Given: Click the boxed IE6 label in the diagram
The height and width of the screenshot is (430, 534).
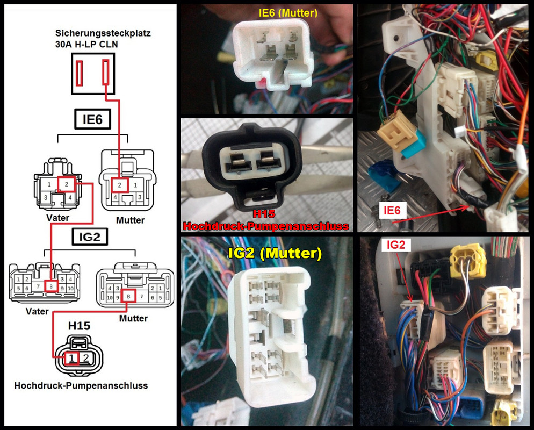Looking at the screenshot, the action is pyautogui.click(x=92, y=119).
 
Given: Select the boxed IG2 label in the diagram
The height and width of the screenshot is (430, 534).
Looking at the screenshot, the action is pyautogui.click(x=90, y=237).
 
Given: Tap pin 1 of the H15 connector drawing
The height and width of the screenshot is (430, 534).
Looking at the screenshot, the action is pyautogui.click(x=71, y=358).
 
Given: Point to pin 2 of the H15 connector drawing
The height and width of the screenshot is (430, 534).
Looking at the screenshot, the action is pyautogui.click(x=86, y=358).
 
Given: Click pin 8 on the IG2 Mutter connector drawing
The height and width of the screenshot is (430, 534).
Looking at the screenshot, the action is pyautogui.click(x=128, y=296).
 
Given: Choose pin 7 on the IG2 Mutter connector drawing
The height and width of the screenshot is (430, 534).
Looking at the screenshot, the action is pyautogui.click(x=142, y=297).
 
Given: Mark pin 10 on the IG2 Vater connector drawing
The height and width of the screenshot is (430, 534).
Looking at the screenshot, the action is pyautogui.click(x=70, y=288).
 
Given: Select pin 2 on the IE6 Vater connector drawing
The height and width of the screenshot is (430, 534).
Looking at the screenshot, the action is pyautogui.click(x=67, y=184).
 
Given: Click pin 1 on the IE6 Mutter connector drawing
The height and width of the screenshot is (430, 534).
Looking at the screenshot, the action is pyautogui.click(x=135, y=185).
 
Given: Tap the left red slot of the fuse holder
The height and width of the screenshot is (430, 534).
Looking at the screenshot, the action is pyautogui.click(x=80, y=73).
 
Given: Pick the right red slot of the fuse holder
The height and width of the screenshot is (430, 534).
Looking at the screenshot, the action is pyautogui.click(x=106, y=73).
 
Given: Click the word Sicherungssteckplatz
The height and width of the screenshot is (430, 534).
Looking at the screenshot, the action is pyautogui.click(x=103, y=33).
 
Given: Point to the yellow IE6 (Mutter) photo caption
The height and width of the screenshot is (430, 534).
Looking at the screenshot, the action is pyautogui.click(x=288, y=13).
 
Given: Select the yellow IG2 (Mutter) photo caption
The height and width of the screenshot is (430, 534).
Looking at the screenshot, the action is pyautogui.click(x=275, y=253).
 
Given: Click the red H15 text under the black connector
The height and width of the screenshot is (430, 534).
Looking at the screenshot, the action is pyautogui.click(x=264, y=214).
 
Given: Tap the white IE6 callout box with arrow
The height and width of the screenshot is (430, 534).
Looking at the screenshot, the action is pyautogui.click(x=392, y=210).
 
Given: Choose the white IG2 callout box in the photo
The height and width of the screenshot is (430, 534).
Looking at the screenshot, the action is pyautogui.click(x=396, y=245).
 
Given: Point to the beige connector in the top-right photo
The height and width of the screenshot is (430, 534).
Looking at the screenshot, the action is pyautogui.click(x=397, y=131).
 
